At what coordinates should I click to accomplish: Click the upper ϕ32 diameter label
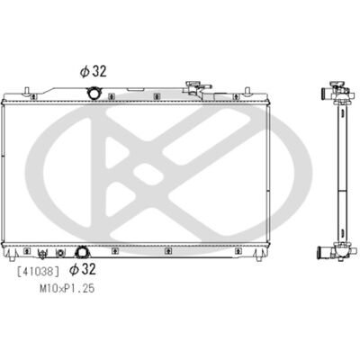pos(93,71)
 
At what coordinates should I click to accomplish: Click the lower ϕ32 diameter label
pos(83,269)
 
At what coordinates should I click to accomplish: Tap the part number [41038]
pos(38,272)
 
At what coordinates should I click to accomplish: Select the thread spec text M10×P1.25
pos(67,288)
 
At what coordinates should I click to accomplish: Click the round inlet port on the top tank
pos(94,93)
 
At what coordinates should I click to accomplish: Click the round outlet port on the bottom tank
pos(81,252)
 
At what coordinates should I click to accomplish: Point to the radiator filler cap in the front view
pos(193,85)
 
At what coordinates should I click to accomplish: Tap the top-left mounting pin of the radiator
pos(27,91)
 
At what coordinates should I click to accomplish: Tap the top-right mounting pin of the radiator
pos(247,91)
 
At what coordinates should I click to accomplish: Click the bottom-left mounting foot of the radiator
pos(12,257)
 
